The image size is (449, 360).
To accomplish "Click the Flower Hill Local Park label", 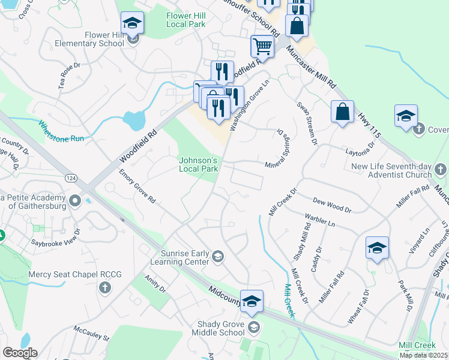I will pyautogui.click(x=186, y=20).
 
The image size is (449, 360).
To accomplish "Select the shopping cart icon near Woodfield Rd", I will pyautogui.click(x=262, y=45).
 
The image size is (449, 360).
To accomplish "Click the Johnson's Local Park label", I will pyautogui.click(x=198, y=164).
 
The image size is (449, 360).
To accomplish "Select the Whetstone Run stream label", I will pyautogui.click(x=61, y=131).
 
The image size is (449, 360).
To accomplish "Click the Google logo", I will pyautogui.click(x=20, y=353).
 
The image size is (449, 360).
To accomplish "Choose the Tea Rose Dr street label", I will pyautogui.click(x=69, y=76).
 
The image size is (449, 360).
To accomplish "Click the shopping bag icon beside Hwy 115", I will pyautogui.click(x=342, y=112).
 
